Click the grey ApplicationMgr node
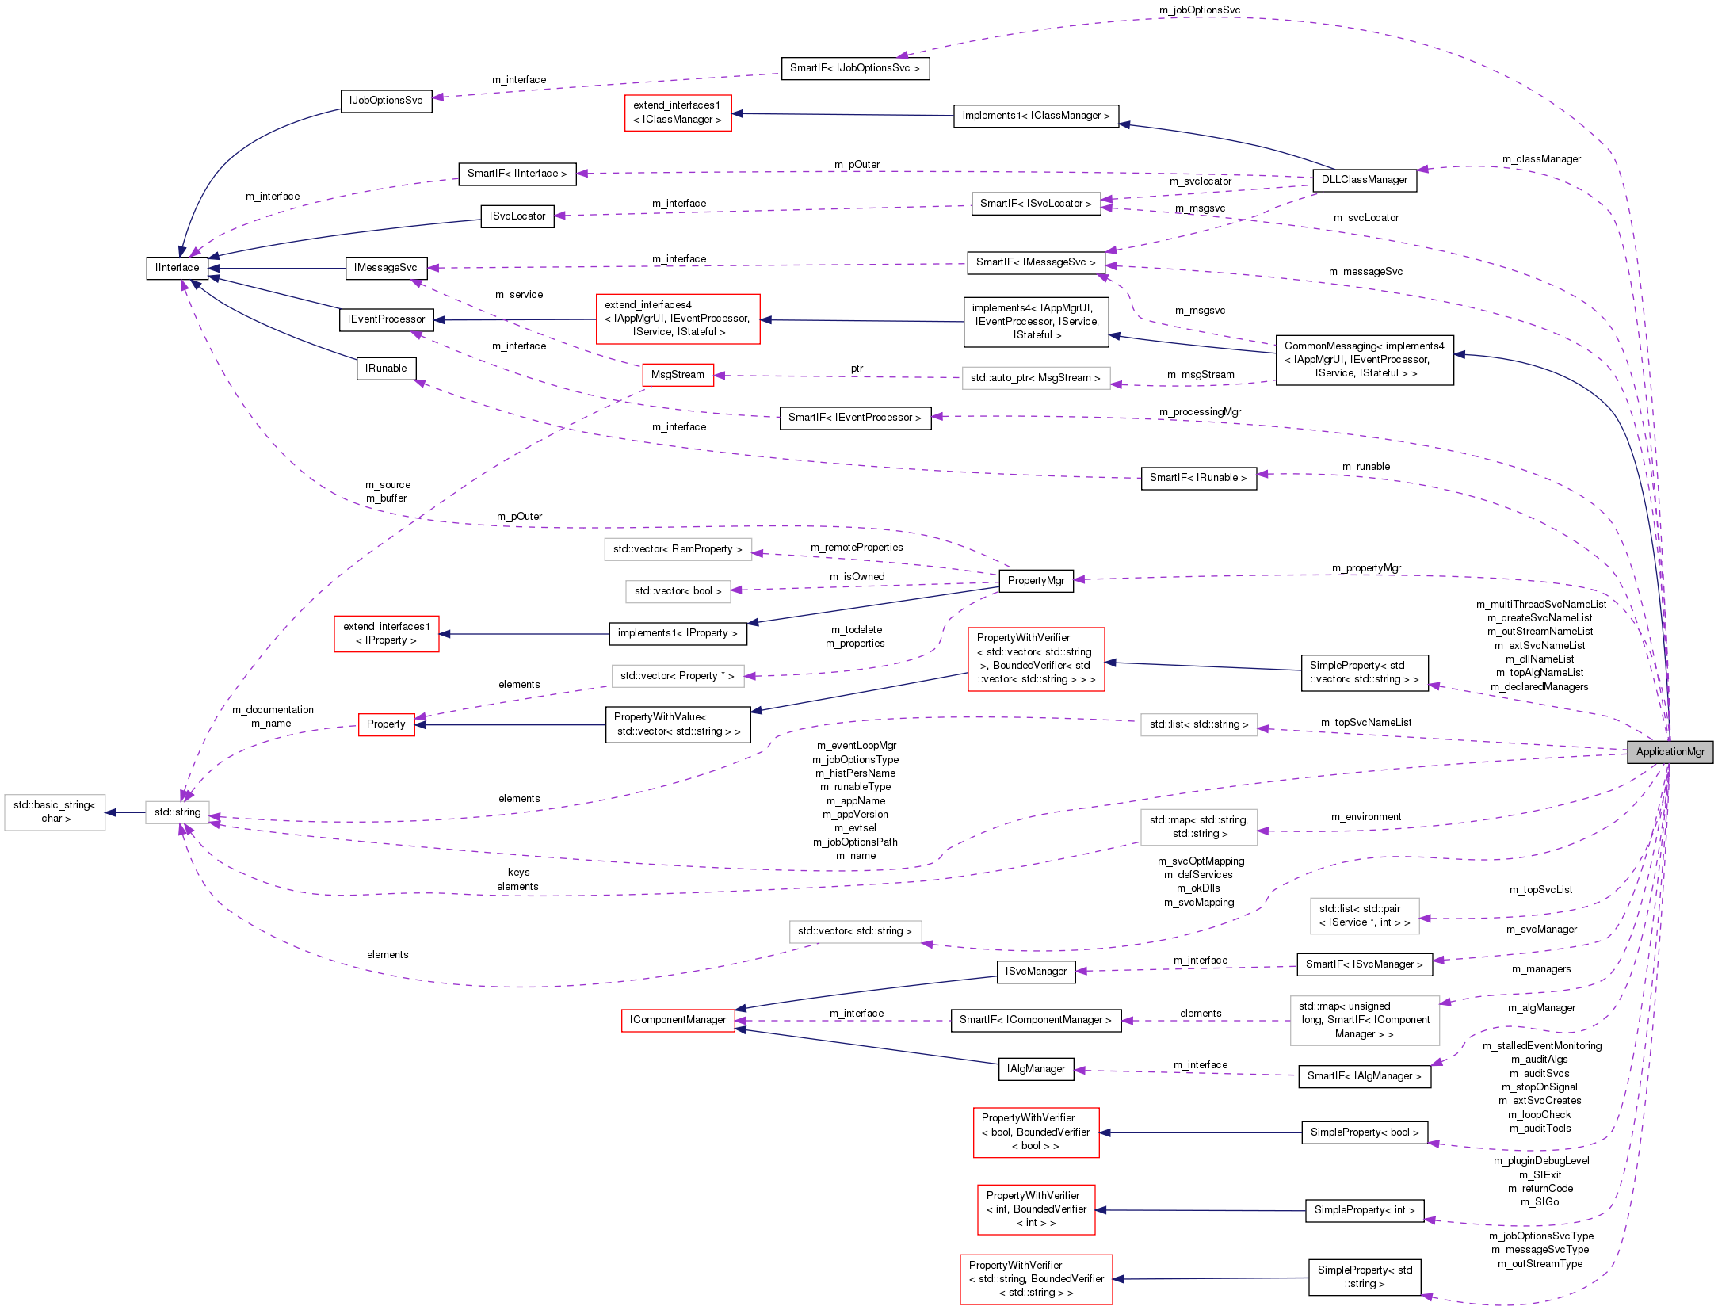point(1670,752)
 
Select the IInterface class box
point(178,268)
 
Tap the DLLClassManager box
point(1364,180)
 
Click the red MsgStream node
point(678,375)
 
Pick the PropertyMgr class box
point(1036,581)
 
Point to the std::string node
point(178,812)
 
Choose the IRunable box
point(386,369)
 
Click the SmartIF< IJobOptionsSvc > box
point(854,68)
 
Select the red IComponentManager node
point(678,1020)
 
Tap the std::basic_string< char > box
point(55,812)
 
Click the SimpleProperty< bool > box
point(1364,1132)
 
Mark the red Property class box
point(386,724)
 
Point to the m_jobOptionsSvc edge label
point(1199,10)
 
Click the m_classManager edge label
point(1541,159)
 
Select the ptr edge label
point(857,369)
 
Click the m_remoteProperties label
point(857,548)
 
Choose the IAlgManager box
point(1036,1069)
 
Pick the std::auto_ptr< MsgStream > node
point(1035,378)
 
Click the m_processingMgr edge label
point(1200,412)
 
